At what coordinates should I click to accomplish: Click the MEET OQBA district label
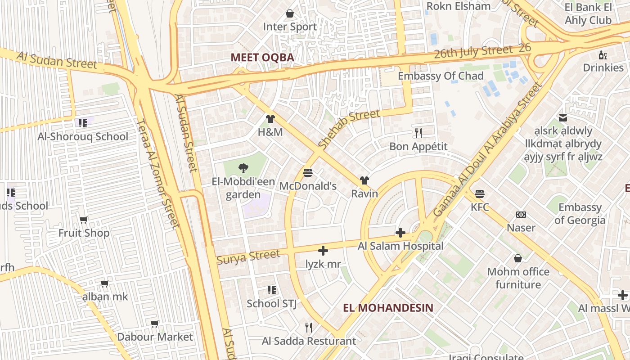coord(262,58)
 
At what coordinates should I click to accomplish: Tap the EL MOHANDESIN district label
coord(388,308)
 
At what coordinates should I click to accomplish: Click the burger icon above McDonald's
coord(308,172)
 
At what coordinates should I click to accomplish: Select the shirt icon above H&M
coord(270,119)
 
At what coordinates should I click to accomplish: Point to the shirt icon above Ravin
coord(364,180)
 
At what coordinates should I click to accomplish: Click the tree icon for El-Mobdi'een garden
coord(243,169)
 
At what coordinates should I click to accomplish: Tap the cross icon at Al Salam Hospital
coord(400,233)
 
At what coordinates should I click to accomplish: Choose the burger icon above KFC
coord(480,194)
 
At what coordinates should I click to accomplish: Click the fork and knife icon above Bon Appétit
coord(418,133)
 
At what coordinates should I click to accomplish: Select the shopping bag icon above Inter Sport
coord(290,13)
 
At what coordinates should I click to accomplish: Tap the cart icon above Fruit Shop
coord(84,220)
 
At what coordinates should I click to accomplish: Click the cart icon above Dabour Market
coord(155,324)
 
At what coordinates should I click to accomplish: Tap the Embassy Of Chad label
coord(441,76)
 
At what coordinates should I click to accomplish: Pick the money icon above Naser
coord(521,215)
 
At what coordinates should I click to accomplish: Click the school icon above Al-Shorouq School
coord(82,123)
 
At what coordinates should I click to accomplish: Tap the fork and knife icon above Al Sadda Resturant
coord(309,327)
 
